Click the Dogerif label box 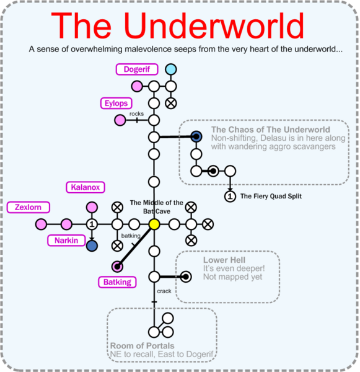pyautogui.click(x=136, y=69)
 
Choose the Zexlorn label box pyautogui.click(x=29, y=207)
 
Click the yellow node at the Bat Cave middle pyautogui.click(x=154, y=224)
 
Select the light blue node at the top pyautogui.click(x=170, y=69)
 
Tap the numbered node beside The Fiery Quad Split pyautogui.click(x=230, y=197)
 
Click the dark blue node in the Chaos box pyautogui.click(x=196, y=136)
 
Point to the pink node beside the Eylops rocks pyautogui.click(x=119, y=120)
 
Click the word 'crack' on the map pyautogui.click(x=164, y=291)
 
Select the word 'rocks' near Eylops pyautogui.click(x=136, y=113)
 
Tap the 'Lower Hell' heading pyautogui.click(x=224, y=260)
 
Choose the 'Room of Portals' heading pyautogui.click(x=142, y=345)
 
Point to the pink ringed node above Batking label pyautogui.click(x=116, y=267)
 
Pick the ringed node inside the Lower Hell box pyautogui.click(x=185, y=277)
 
